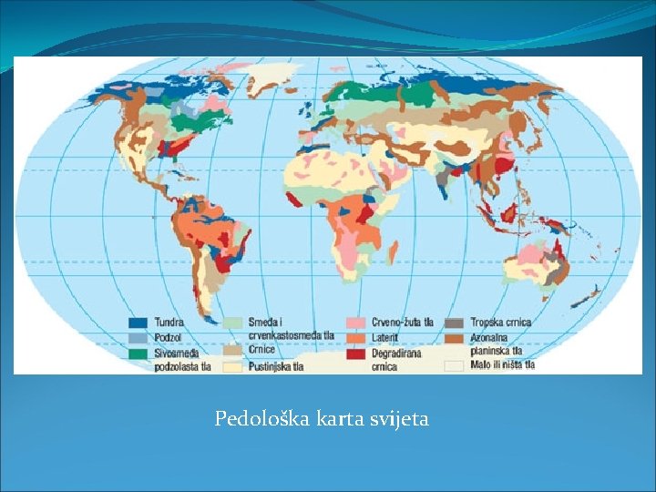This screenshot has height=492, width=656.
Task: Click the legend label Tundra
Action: [x=169, y=322]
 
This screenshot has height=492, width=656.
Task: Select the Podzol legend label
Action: [x=169, y=336]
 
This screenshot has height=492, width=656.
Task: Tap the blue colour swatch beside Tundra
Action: [x=138, y=323]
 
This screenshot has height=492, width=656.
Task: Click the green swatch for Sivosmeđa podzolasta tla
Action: [x=138, y=351]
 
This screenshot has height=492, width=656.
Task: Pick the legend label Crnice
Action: [x=261, y=350]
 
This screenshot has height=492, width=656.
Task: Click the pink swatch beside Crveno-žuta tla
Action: [x=355, y=323]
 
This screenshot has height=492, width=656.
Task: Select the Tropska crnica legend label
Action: [x=500, y=323]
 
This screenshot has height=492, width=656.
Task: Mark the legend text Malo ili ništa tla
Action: [x=502, y=365]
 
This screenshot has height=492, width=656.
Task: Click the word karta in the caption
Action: [x=338, y=419]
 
